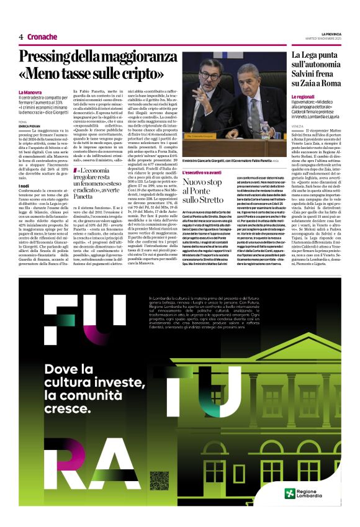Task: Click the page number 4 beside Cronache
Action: [21, 37]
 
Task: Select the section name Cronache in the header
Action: [42, 37]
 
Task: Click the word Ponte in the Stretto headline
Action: [199, 192]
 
